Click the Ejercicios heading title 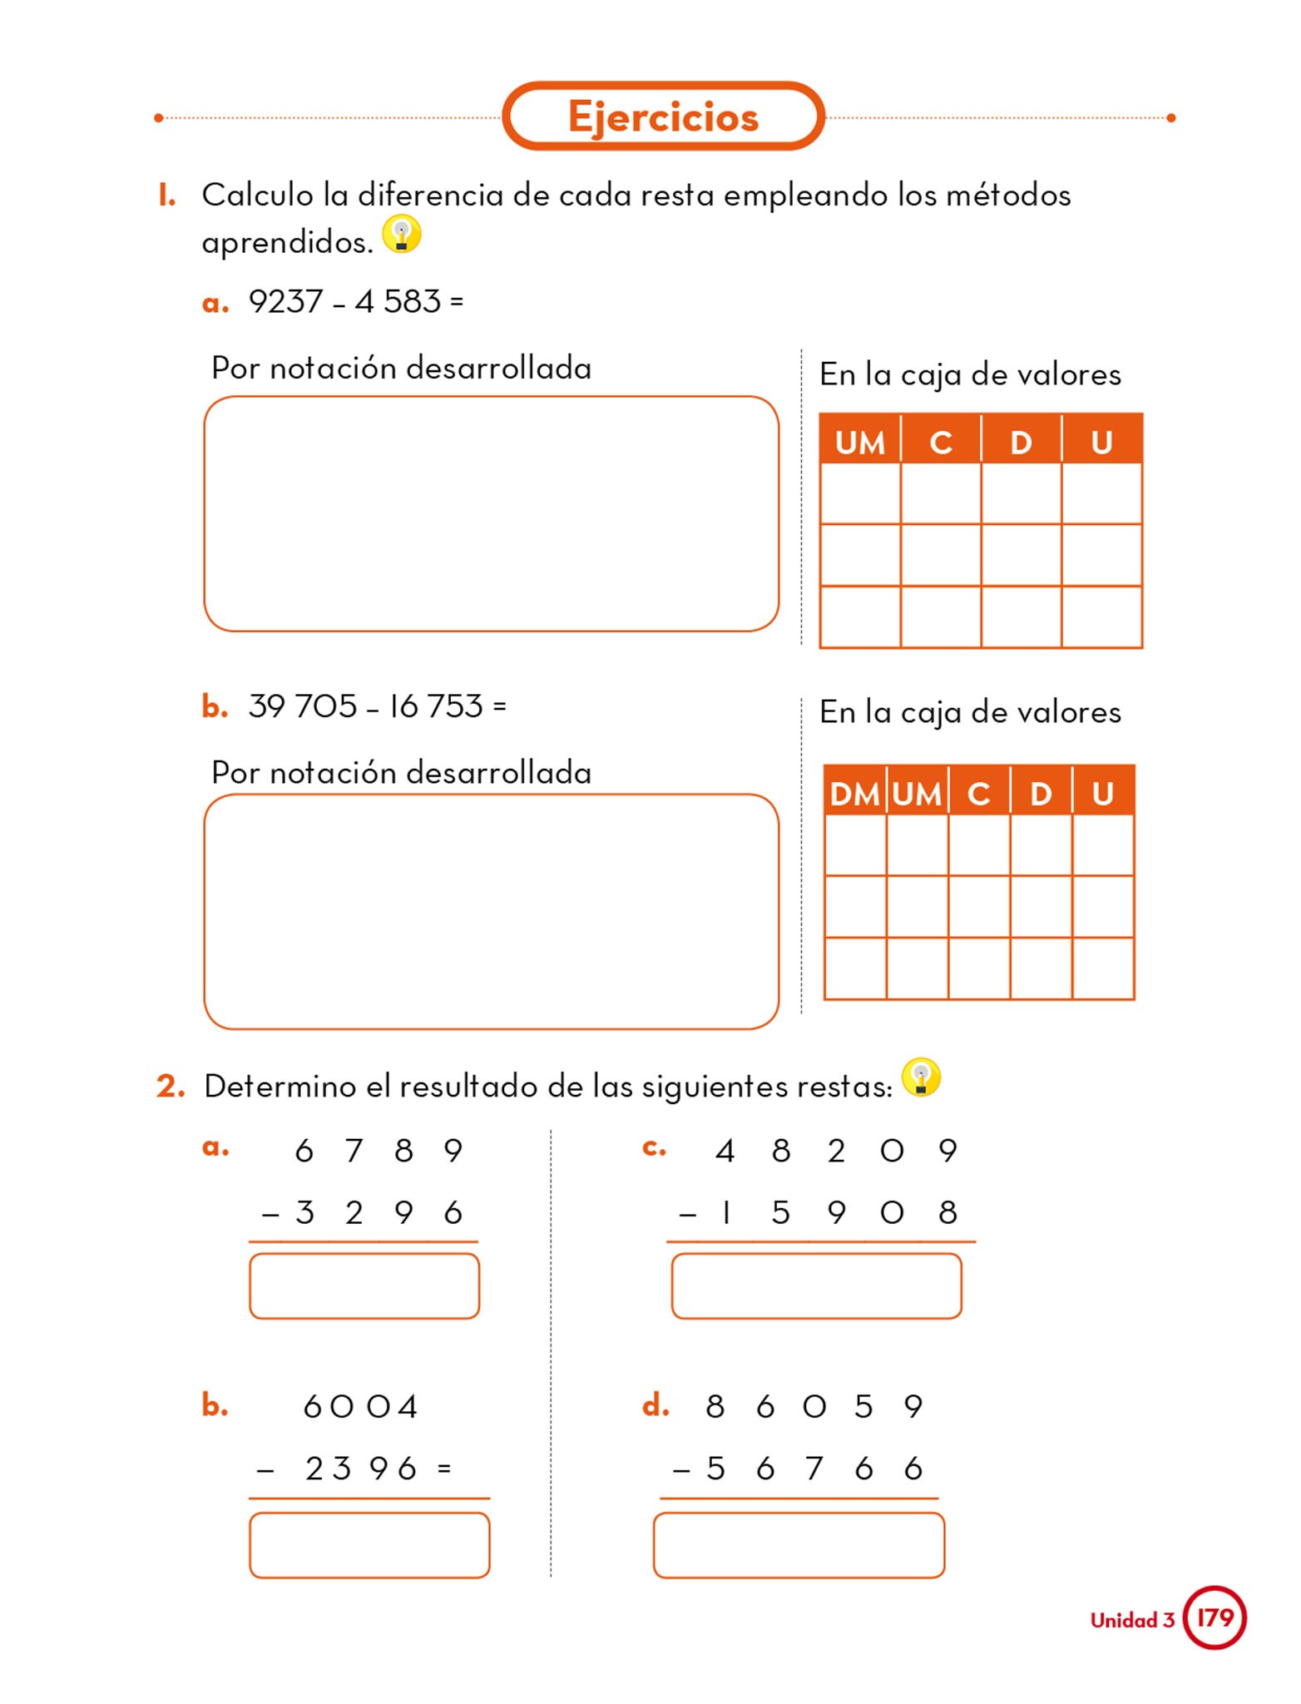663,116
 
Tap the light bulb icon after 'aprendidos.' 401,235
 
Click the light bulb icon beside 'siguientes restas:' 921,1077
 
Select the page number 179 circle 1214,1617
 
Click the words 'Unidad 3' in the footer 1131,1620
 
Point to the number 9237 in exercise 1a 285,301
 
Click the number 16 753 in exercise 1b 436,706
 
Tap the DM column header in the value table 854,794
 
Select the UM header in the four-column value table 859,442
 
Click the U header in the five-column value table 1103,794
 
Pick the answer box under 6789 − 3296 364,1286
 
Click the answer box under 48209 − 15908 816,1286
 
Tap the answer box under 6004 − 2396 369,1545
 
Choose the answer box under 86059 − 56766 799,1545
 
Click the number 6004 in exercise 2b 360,1406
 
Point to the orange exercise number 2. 171,1086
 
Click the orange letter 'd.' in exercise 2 655,1405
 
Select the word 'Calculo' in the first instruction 258,196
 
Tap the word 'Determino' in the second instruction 279,1087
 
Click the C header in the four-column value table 941,442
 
